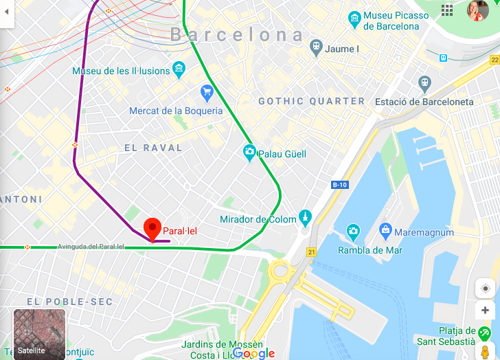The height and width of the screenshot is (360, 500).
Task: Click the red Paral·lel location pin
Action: coord(152,228)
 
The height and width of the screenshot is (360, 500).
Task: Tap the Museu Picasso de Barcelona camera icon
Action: coord(354,16)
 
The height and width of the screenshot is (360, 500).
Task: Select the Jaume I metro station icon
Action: coord(315,48)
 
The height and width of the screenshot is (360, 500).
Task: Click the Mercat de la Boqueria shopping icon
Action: coord(207,91)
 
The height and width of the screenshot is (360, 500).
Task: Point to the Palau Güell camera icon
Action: coord(249,152)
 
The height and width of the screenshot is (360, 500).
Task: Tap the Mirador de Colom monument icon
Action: coord(305,218)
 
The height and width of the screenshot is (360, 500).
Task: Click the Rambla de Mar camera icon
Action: coord(353,230)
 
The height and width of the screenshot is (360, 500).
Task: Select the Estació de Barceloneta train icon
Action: coord(424,83)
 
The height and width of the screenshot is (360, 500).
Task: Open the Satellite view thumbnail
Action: coord(40,333)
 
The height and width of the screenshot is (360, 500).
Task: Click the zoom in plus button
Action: coord(485,311)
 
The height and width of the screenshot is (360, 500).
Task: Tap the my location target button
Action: coord(485,288)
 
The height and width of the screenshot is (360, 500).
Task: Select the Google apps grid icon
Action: coord(447,10)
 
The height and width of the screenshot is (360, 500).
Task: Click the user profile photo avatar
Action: coord(477,10)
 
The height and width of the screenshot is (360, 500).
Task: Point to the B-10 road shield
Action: coord(339,185)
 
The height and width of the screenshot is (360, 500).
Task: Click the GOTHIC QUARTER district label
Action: coord(311,101)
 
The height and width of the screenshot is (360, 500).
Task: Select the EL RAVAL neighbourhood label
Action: coord(153,148)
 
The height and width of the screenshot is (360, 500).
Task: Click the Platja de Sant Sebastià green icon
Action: coord(485,334)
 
